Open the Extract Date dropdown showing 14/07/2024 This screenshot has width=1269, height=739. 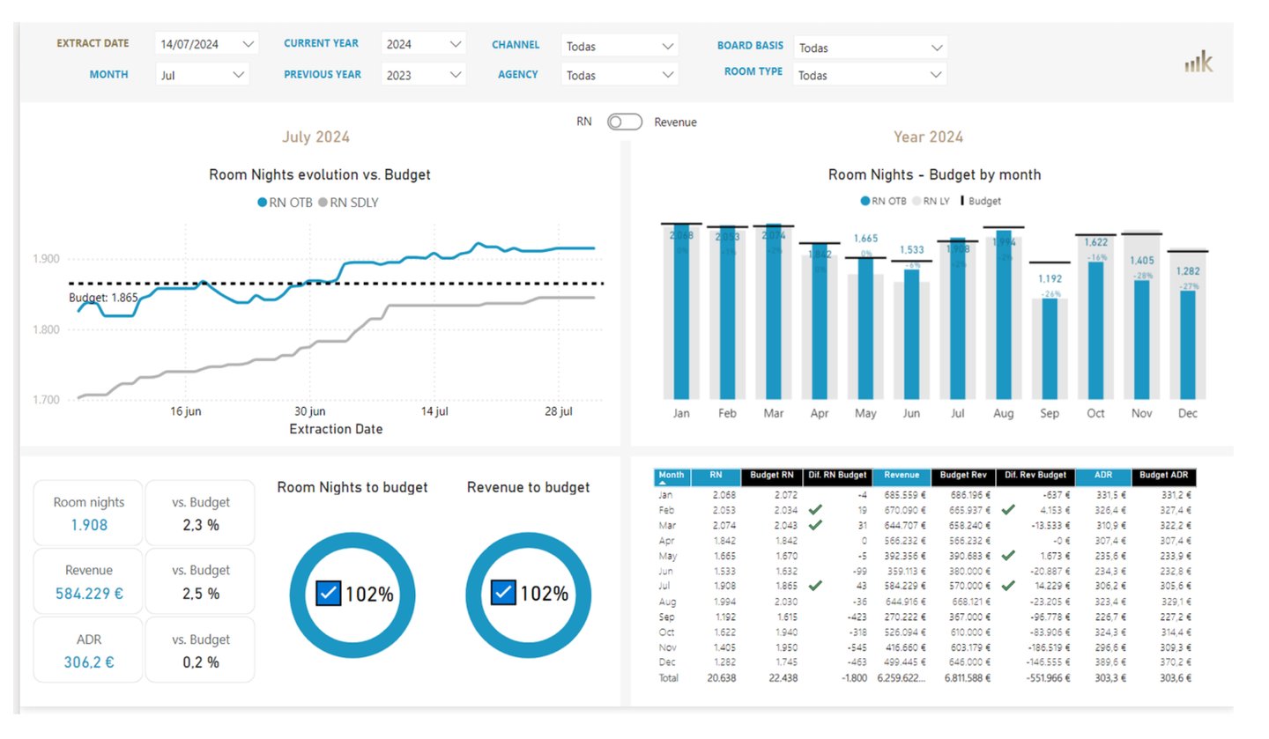coord(205,43)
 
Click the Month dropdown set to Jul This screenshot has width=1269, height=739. coord(202,75)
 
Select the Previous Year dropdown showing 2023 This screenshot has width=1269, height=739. coord(423,75)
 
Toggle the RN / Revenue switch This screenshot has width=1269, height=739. coord(624,122)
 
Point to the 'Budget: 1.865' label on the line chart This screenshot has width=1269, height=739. coord(103,298)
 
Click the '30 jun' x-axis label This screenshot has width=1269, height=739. coord(309,411)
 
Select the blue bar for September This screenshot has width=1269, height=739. coord(1050,348)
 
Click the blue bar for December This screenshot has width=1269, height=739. coord(1187,344)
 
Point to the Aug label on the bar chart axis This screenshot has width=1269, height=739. coord(1003,413)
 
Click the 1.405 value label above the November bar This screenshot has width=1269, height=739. coord(1141,261)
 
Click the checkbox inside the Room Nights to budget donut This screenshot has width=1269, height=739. coord(328,593)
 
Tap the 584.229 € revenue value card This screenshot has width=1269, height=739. coord(89,594)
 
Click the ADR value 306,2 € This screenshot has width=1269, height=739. coord(89,662)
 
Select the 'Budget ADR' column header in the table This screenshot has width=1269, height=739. coord(1164,477)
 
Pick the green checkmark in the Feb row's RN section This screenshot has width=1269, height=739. coord(815,510)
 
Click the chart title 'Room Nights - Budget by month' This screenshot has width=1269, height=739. coord(934,174)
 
